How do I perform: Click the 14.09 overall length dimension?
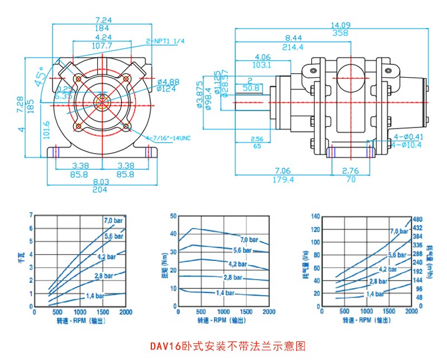click(x=340, y=25)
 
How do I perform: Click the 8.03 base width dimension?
click(x=101, y=182)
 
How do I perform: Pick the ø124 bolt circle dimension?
click(x=167, y=88)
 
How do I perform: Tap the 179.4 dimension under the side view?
click(x=283, y=179)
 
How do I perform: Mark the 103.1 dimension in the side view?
click(x=262, y=65)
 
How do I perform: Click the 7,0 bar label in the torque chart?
click(x=249, y=240)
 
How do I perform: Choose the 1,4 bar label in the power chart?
click(x=96, y=295)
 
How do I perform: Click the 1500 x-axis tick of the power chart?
click(x=103, y=312)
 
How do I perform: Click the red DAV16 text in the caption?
click(x=164, y=346)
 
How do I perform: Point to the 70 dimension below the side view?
click(x=350, y=179)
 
